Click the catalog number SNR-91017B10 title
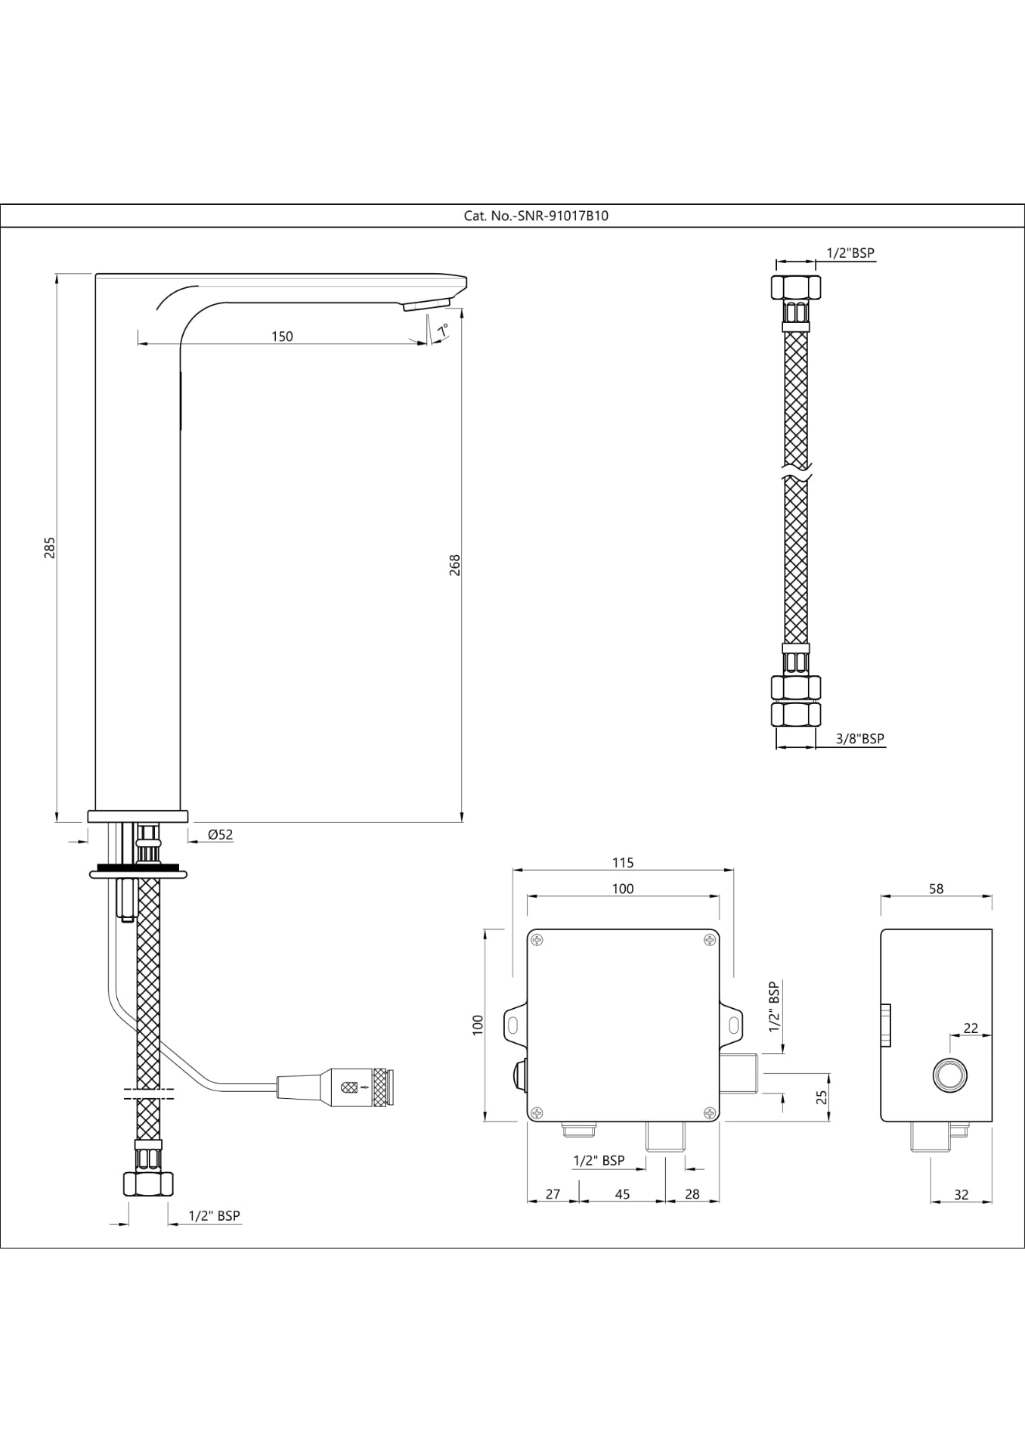pyautogui.click(x=536, y=216)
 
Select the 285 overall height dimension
pyautogui.click(x=50, y=547)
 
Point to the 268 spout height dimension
pyautogui.click(x=454, y=565)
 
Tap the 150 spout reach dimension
pyautogui.click(x=282, y=336)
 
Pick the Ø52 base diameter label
pyautogui.click(x=220, y=835)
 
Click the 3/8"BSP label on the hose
pyautogui.click(x=860, y=738)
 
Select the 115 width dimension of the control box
pyautogui.click(x=623, y=862)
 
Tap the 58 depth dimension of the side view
pyautogui.click(x=936, y=889)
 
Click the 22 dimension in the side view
pyautogui.click(x=971, y=1028)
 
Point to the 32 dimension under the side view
pyautogui.click(x=961, y=1194)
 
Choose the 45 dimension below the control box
pyautogui.click(x=622, y=1193)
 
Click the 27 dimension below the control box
pyautogui.click(x=553, y=1193)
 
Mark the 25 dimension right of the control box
pyautogui.click(x=822, y=1096)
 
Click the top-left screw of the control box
pyautogui.click(x=537, y=940)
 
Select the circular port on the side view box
pyautogui.click(x=949, y=1075)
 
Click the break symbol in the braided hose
pyautogui.click(x=796, y=476)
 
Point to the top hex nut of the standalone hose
pyautogui.click(x=796, y=287)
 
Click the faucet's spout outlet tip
pyautogui.click(x=426, y=305)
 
